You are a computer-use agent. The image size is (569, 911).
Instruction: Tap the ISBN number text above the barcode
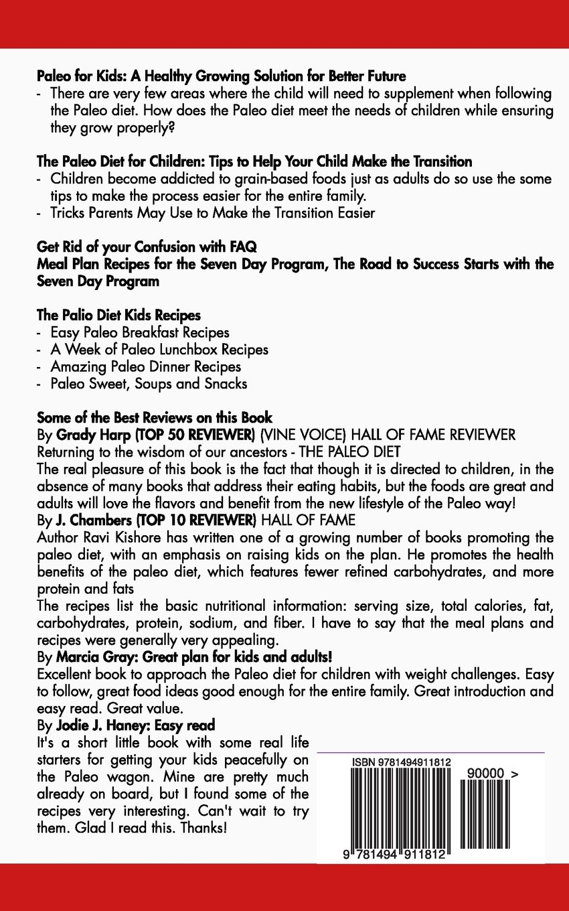[x=401, y=763]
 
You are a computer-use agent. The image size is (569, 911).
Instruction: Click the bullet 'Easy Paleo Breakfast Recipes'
[x=140, y=332]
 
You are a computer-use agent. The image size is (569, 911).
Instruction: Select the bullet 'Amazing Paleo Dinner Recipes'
[x=145, y=366]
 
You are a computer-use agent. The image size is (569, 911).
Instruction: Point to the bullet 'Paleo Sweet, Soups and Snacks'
[x=149, y=384]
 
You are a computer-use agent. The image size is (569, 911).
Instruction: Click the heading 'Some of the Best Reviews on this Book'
[x=154, y=418]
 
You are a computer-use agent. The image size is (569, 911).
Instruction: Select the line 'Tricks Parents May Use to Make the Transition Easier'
[x=212, y=213]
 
